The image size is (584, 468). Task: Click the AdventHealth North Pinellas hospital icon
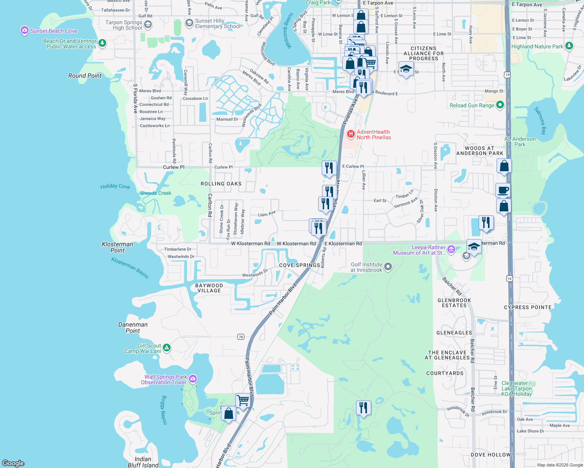click(351, 135)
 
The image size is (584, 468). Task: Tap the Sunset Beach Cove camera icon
click(25, 30)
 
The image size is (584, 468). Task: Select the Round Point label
click(85, 76)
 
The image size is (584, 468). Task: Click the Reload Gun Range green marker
click(500, 105)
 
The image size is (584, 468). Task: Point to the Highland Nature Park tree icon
click(569, 46)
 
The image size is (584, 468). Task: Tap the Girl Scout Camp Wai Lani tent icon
click(167, 347)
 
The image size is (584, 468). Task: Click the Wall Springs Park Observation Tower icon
click(193, 379)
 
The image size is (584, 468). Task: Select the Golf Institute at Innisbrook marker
click(388, 267)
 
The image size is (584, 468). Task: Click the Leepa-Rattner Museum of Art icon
click(451, 250)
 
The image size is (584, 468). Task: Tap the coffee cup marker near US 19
click(503, 190)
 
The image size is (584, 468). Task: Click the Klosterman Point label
click(118, 247)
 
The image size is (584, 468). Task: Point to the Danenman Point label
click(133, 328)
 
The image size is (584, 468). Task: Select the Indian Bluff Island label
click(143, 462)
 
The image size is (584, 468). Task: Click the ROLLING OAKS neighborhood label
click(221, 184)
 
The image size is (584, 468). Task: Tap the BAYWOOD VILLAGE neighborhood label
click(209, 288)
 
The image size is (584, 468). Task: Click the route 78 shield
click(240, 337)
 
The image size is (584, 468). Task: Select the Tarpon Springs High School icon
click(148, 25)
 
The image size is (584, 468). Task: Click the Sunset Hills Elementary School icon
click(189, 23)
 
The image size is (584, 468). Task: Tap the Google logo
click(13, 463)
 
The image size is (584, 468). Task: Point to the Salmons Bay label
click(541, 121)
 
